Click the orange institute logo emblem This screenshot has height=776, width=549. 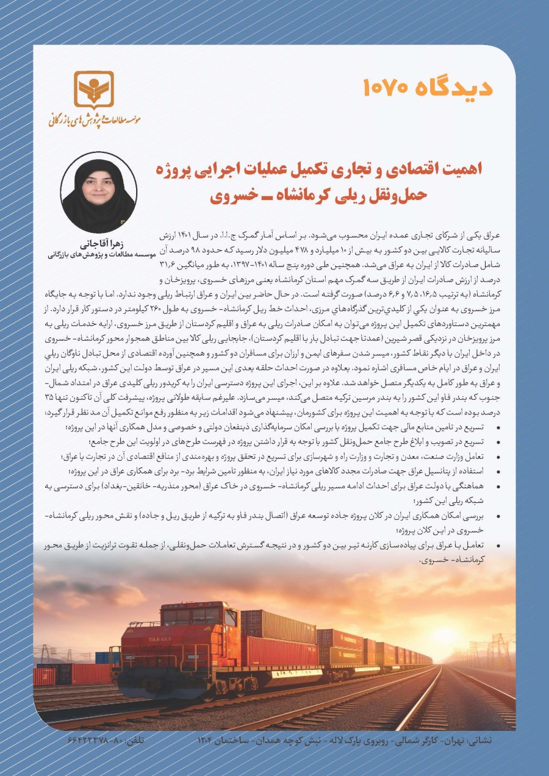click(x=93, y=90)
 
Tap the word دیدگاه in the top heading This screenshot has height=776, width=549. click(x=456, y=87)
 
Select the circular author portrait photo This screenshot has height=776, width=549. click(x=98, y=192)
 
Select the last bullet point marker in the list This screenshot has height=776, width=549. click(x=500, y=544)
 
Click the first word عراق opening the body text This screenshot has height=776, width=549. click(x=491, y=234)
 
